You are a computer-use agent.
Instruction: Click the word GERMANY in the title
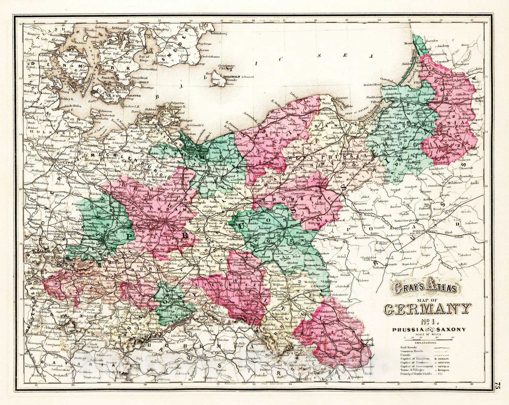[427, 309]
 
